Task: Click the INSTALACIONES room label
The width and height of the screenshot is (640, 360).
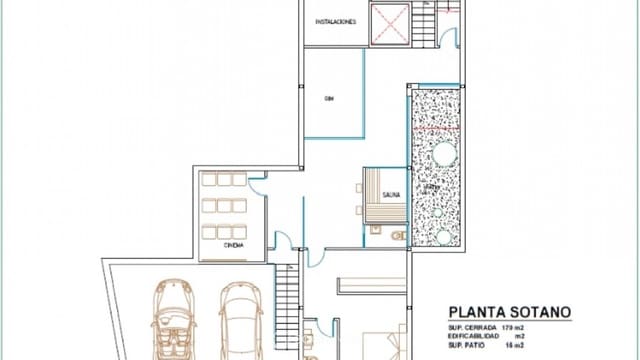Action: (335, 21)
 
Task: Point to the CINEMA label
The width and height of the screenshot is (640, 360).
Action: (232, 245)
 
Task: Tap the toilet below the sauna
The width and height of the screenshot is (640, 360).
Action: (397, 236)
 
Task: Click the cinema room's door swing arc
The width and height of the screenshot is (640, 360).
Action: (258, 183)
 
